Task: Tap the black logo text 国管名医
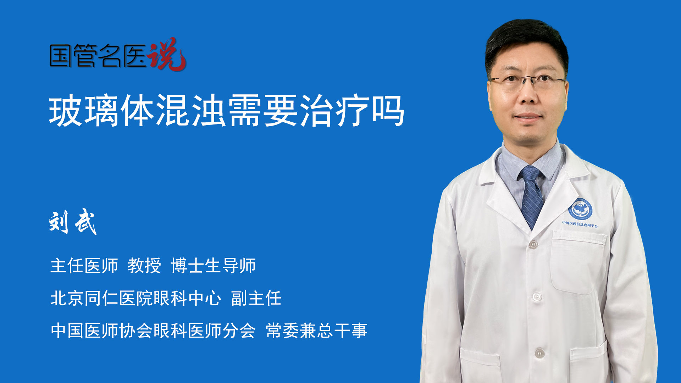click(x=98, y=56)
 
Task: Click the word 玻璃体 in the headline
click(x=101, y=111)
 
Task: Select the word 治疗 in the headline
click(x=334, y=111)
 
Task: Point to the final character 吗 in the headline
click(x=388, y=111)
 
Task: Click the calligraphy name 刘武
click(x=73, y=222)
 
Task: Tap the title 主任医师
click(x=84, y=266)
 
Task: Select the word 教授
click(x=144, y=266)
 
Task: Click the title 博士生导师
click(x=213, y=266)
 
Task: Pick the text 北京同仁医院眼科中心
click(x=136, y=298)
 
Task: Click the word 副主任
click(x=256, y=298)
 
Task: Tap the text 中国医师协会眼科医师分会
click(x=153, y=331)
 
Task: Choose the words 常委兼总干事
click(x=316, y=331)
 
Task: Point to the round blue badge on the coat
click(x=580, y=209)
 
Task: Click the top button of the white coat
click(x=533, y=244)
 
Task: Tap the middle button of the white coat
click(x=537, y=296)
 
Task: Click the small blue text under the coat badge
click(x=580, y=224)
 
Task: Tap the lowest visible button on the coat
click(x=539, y=353)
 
